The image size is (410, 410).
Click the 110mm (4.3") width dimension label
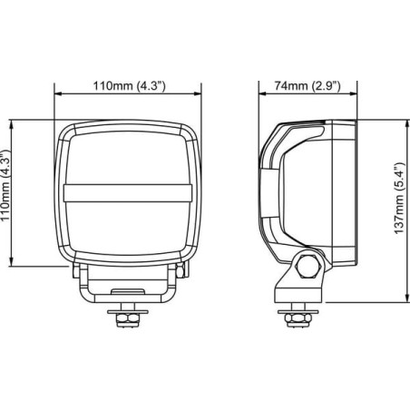click(129, 86)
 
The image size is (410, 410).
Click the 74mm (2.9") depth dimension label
click(307, 86)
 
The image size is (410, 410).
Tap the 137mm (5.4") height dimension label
click(399, 199)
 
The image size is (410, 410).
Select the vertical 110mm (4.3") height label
click(6, 185)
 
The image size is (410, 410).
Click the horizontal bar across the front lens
click(128, 193)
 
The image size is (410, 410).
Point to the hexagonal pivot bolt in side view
click(307, 266)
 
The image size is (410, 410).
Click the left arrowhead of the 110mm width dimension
click(58, 94)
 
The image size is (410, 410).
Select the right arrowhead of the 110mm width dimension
click(198, 94)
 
